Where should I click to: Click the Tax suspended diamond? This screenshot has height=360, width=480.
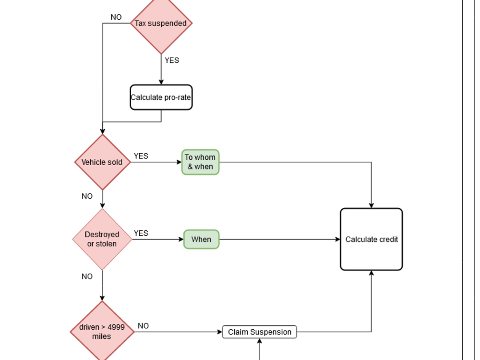161,23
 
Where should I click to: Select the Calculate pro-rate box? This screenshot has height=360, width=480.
161,97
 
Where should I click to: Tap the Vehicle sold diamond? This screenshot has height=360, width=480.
102,162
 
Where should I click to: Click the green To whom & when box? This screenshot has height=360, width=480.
200,162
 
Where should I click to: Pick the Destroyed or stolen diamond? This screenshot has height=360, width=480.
102,239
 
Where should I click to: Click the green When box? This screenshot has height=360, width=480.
201,239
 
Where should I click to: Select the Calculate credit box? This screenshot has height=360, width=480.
371,239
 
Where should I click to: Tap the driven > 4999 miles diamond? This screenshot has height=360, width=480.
102,332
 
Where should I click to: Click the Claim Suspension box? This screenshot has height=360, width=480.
259,332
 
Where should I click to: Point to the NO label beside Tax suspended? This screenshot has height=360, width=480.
116,17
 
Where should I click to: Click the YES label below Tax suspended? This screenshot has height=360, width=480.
172,60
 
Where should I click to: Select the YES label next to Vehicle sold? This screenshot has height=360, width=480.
141,156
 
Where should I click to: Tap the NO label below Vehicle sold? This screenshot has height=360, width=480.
87,196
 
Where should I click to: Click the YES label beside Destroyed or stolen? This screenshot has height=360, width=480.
141,233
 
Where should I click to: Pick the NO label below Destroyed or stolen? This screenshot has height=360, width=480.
87,276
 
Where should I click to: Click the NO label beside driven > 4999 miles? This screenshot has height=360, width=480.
143,326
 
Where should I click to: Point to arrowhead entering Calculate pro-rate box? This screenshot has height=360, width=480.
161,83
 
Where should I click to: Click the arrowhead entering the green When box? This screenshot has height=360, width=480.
181,239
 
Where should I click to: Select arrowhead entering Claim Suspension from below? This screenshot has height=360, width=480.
259,341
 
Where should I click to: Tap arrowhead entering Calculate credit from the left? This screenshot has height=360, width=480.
337,239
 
